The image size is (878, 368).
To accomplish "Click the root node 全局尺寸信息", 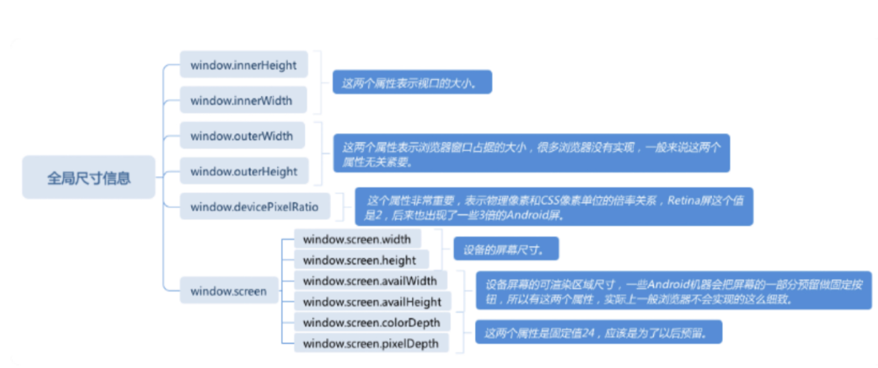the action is click(89, 177).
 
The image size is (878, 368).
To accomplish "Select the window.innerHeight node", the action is click(244, 65).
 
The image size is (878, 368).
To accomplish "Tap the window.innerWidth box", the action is click(243, 100).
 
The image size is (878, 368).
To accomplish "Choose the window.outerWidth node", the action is click(242, 135).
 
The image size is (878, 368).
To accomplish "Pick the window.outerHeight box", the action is click(244, 171).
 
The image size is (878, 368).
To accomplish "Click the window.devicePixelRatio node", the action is click(254, 207).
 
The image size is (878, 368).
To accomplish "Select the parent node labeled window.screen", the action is click(229, 290).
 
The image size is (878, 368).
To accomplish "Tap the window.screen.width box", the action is click(357, 239).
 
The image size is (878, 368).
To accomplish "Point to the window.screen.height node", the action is click(359, 260).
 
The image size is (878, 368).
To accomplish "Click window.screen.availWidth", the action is click(370, 280).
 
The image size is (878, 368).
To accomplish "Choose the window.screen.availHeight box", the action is click(372, 302).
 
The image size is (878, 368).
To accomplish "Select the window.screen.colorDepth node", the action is click(372, 322).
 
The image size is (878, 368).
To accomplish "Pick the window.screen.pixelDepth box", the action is click(371, 343).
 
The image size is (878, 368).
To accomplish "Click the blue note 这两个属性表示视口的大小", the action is click(412, 82).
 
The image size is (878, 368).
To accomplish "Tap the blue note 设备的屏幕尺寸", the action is click(506, 249).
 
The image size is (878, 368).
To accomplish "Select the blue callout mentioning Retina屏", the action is click(554, 207).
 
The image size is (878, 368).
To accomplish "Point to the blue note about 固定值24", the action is click(598, 332).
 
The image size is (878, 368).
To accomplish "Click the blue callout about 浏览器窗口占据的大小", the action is click(531, 153).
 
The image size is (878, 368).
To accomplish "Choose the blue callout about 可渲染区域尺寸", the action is click(673, 291).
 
